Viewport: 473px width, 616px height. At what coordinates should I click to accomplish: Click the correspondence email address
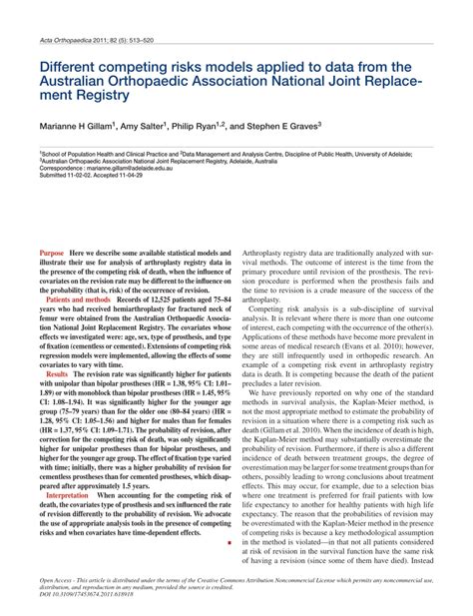pyautogui.click(x=129, y=170)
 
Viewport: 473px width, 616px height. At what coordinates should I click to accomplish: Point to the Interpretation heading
pyautogui.click(x=67, y=495)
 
